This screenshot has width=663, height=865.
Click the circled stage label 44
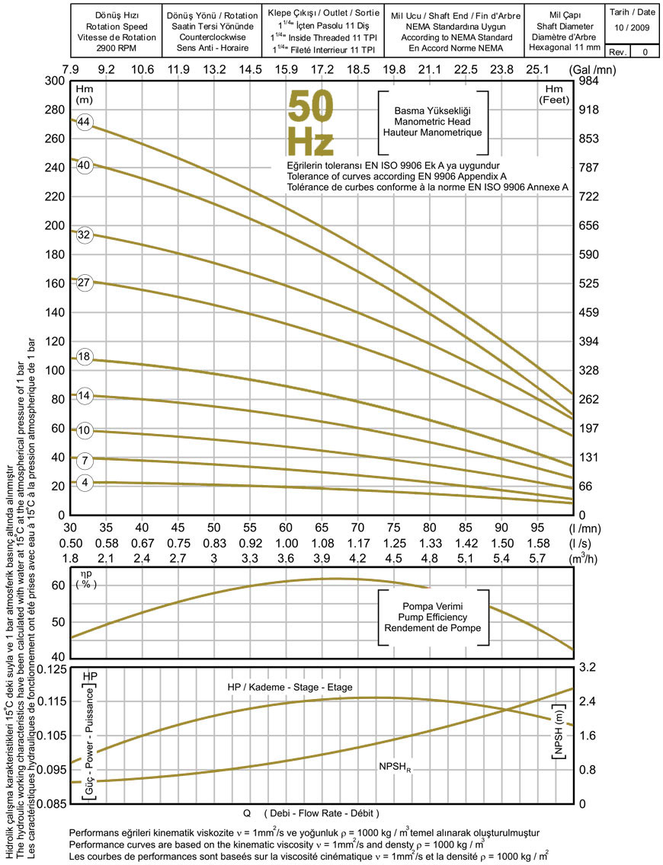click(84, 123)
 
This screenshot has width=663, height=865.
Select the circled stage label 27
click(84, 282)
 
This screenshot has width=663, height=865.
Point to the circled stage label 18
click(84, 357)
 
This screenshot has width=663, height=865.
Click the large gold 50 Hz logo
click(310, 123)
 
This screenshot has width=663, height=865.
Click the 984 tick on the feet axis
click(592, 81)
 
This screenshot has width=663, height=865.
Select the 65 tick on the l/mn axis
click(322, 527)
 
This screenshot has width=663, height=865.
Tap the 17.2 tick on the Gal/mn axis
click(322, 69)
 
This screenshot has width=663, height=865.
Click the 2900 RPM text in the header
click(116, 47)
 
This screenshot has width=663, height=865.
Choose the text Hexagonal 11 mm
click(565, 47)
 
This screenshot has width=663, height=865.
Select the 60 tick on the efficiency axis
click(57, 586)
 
